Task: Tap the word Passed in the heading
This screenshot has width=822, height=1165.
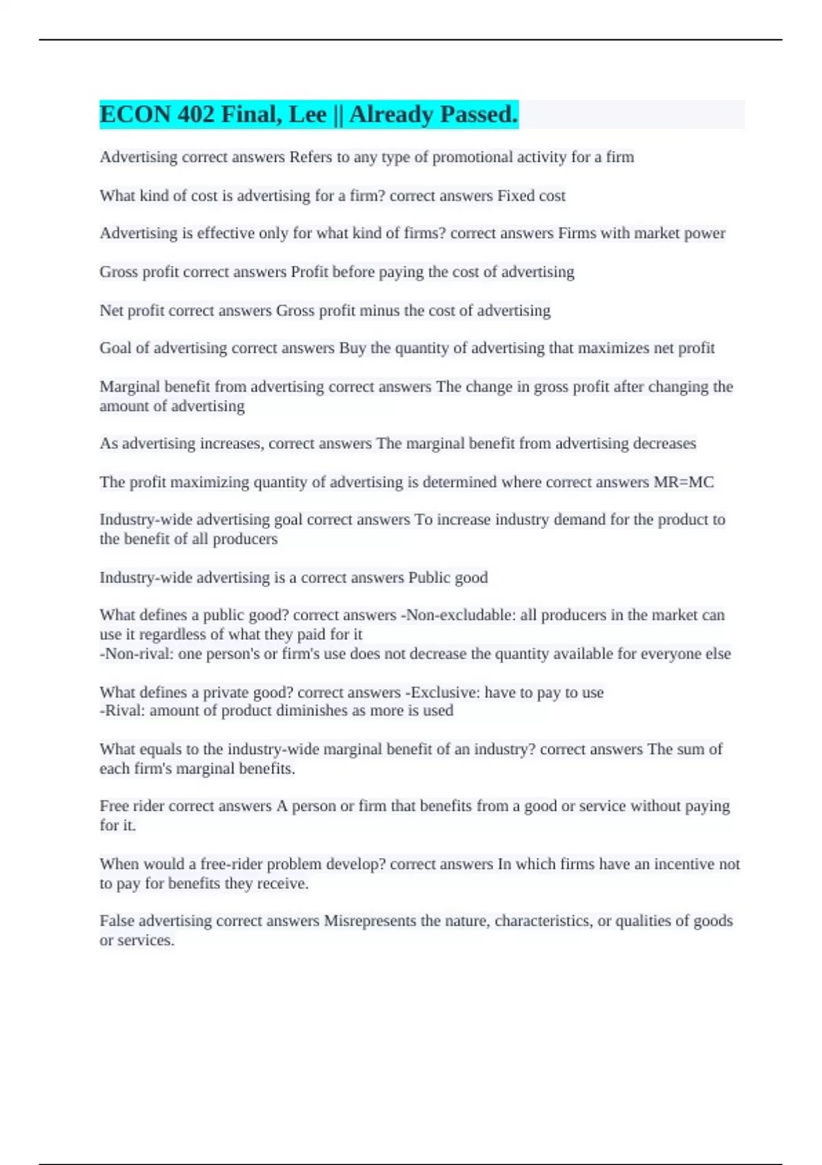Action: [x=479, y=114]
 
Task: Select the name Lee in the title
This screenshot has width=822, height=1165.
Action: [x=308, y=114]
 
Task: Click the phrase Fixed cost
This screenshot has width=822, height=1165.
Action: [x=531, y=196]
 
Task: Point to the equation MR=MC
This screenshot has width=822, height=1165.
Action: [x=683, y=482]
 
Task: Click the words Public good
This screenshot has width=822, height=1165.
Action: [x=448, y=578]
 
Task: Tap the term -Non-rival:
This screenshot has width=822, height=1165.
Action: [x=137, y=654]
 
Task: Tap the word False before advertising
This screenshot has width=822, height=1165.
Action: [x=117, y=921]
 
